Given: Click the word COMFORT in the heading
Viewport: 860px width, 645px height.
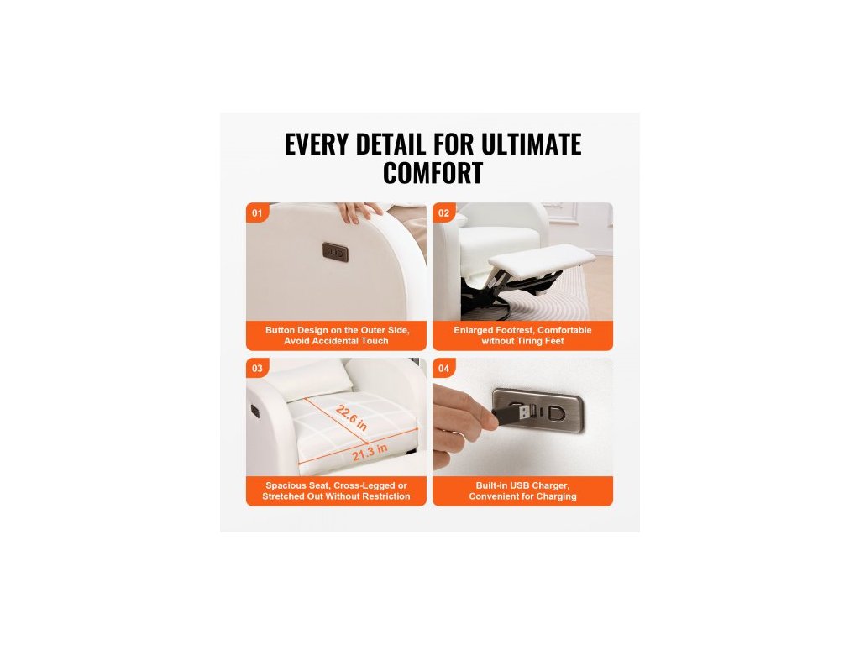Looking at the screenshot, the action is [x=433, y=173].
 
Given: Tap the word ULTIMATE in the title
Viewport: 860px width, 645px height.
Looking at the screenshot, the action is [x=531, y=144].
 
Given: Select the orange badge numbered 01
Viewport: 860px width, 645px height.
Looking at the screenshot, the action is [x=257, y=212].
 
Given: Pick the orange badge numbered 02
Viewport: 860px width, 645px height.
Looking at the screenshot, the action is [x=443, y=212].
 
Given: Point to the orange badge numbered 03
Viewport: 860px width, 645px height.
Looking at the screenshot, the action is [x=257, y=369].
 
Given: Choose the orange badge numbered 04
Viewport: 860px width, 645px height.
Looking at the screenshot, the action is [x=443, y=369].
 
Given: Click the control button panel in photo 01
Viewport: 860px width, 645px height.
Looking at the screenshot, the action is [x=335, y=252].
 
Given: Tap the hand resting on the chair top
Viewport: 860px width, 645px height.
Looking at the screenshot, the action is [x=359, y=212].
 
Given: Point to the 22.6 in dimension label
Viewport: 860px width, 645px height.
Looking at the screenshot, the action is [x=352, y=418].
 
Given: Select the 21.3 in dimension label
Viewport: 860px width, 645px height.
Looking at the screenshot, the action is [x=370, y=453].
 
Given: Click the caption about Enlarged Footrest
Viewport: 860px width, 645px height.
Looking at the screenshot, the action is [x=522, y=336].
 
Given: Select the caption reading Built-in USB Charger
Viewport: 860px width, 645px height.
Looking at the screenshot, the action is [x=522, y=490].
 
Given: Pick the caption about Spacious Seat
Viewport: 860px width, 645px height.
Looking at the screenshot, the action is [x=336, y=490].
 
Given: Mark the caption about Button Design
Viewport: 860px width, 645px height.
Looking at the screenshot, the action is [x=336, y=336].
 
